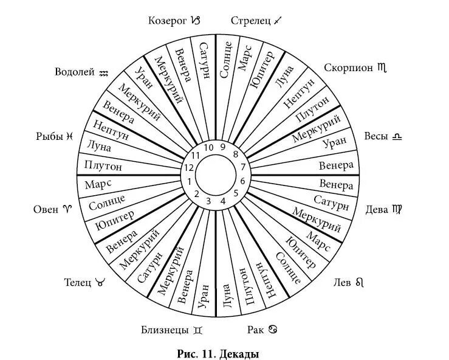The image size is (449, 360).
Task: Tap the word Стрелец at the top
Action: [250, 21]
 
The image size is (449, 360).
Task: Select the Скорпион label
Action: [348, 67]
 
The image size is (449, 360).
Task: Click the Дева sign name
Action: [377, 210]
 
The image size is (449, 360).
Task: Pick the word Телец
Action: [78, 282]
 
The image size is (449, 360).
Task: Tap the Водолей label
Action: [75, 72]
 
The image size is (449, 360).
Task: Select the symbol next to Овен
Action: [67, 210]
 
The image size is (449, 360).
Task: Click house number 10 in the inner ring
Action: [208, 147]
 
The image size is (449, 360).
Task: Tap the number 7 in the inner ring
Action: [242, 167]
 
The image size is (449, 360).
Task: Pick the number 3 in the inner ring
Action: [208, 201]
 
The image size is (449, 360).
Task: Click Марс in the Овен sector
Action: [97, 183]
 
